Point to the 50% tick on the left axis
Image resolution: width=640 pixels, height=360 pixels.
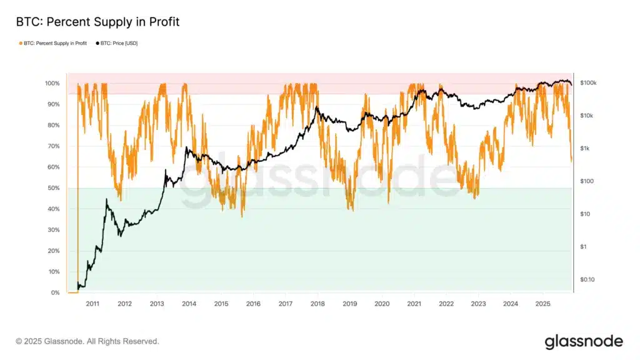[x=52, y=188]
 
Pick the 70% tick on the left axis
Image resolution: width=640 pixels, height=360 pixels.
[x=52, y=146]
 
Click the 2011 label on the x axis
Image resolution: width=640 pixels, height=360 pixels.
[x=92, y=304]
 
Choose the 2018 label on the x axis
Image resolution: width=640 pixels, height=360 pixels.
[x=317, y=304]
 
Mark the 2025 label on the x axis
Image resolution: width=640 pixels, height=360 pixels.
[x=542, y=304]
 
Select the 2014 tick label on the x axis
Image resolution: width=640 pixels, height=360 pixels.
[x=189, y=304]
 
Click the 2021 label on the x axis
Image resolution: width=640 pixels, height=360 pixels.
[x=414, y=304]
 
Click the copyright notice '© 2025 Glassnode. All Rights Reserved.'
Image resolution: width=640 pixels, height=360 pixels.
[x=87, y=341]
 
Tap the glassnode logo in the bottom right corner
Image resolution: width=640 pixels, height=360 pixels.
[x=584, y=341]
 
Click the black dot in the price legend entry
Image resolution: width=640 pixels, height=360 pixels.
[x=96, y=43]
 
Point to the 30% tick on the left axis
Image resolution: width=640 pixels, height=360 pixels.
[x=52, y=230]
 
